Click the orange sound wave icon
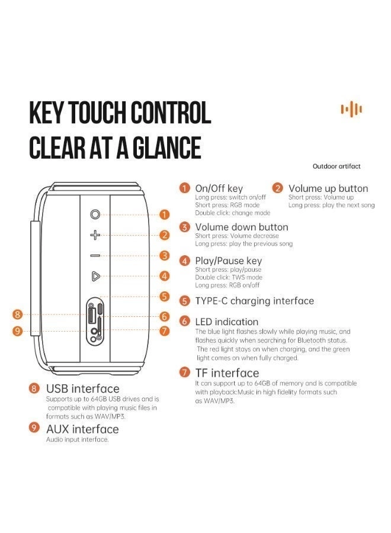coord(351,110)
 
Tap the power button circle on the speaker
coord(95,214)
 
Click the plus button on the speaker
coord(95,235)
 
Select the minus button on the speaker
coord(95,256)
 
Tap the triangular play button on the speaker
coord(95,277)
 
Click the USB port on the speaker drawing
coord(91,314)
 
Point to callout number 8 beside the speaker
coord(18,314)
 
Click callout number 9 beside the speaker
coord(18,330)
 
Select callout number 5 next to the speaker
coord(165,297)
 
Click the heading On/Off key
coord(219,188)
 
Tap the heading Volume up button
coord(328,188)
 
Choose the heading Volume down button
coord(241,227)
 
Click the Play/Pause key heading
coord(229,261)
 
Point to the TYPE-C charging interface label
coord(254,301)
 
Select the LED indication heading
coord(227,322)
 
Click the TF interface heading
coord(227,373)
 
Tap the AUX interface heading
coord(82,429)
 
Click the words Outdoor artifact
coord(336,166)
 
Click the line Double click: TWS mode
coord(229,277)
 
